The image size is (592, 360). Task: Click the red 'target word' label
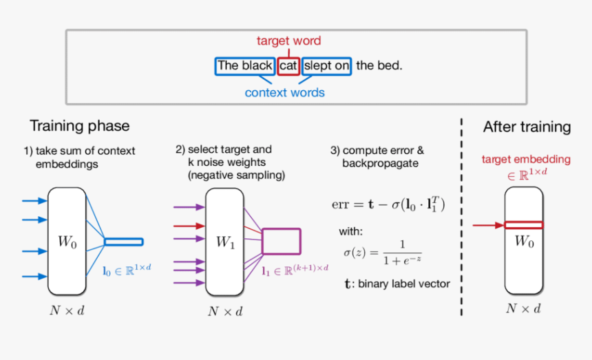[x=288, y=41]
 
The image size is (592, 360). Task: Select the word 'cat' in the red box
[x=288, y=66]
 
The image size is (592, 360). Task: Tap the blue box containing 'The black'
[x=245, y=66]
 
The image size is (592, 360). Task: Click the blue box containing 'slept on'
[x=326, y=66]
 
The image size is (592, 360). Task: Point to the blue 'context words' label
[x=284, y=92]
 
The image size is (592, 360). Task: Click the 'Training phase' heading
[x=79, y=126]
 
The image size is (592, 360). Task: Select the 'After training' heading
[x=527, y=127]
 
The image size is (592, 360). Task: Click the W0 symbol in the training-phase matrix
[x=68, y=242]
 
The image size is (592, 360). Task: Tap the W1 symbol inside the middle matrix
[x=226, y=242]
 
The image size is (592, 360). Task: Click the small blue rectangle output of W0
[x=124, y=242]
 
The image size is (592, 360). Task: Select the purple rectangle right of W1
[x=282, y=242]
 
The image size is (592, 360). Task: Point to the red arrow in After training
[x=487, y=224]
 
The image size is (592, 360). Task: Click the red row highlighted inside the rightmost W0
[x=524, y=224]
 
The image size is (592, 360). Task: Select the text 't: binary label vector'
[x=397, y=283]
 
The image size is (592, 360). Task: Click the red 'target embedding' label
[x=526, y=159]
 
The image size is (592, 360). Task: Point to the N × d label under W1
[x=224, y=312]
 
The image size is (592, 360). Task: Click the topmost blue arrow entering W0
[x=34, y=201]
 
